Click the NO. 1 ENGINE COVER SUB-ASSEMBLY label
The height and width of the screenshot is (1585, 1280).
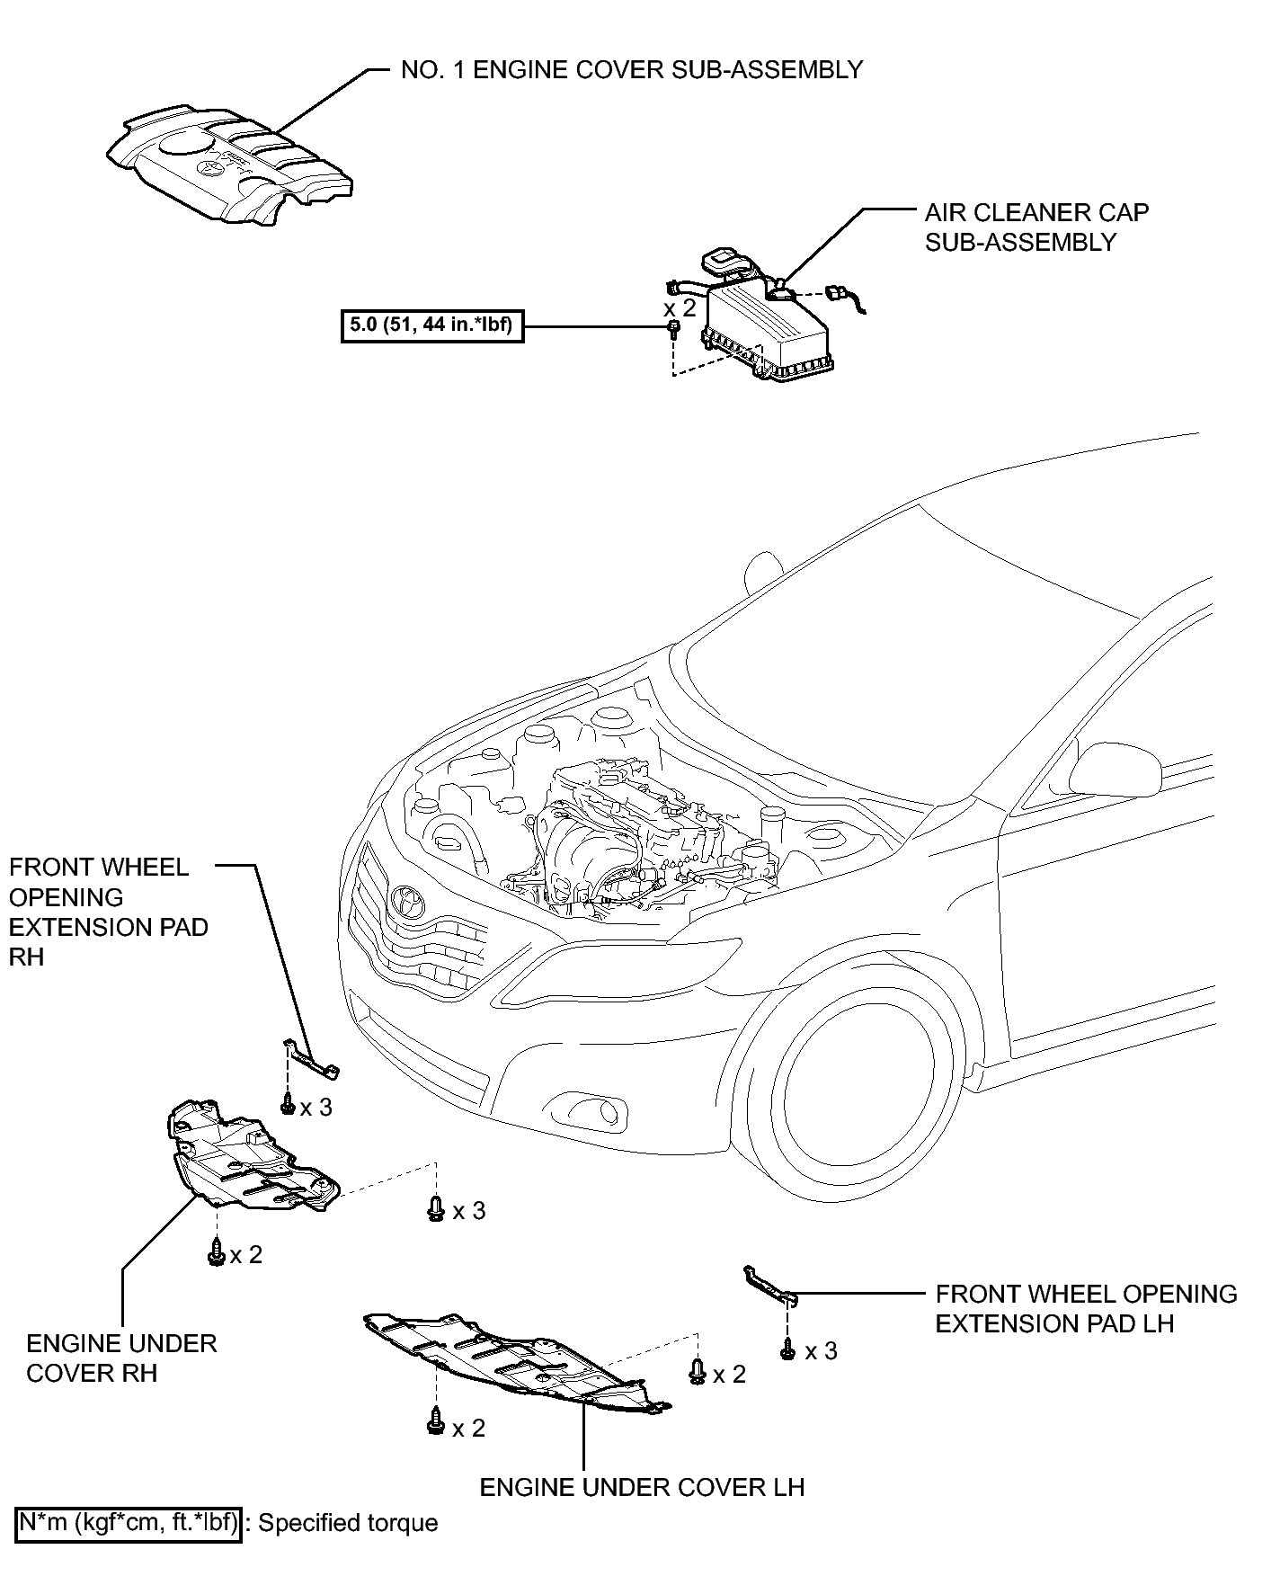tap(631, 70)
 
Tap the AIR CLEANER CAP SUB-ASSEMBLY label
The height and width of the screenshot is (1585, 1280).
tap(1036, 227)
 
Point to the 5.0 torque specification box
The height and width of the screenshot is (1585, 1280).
tap(431, 325)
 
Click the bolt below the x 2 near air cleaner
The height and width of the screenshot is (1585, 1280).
tap(673, 330)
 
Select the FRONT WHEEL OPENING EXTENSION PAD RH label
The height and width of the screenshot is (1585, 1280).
tap(109, 912)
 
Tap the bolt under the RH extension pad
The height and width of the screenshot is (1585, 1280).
tap(288, 1104)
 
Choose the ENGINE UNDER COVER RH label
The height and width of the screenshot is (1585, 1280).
tap(121, 1358)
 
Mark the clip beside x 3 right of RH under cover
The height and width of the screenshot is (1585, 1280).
tap(436, 1209)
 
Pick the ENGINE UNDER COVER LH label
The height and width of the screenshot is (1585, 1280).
tap(642, 1487)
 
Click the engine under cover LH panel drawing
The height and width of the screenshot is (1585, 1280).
tap(517, 1360)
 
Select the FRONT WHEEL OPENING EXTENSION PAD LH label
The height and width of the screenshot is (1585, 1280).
tap(1086, 1308)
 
